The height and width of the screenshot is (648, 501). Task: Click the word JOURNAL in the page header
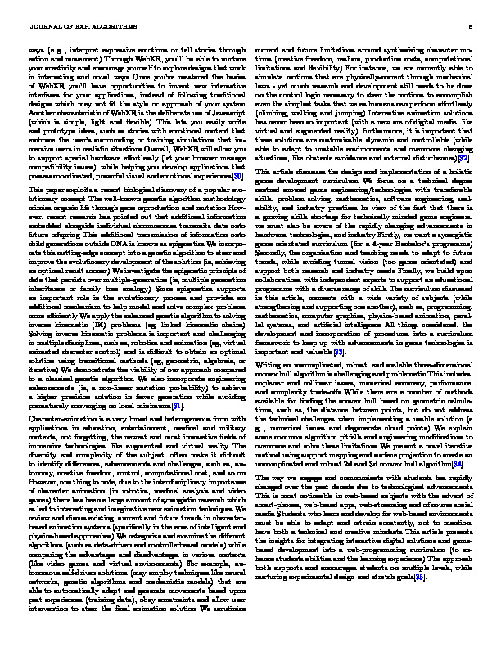click(42, 25)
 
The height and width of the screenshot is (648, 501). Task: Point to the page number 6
click(472, 25)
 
